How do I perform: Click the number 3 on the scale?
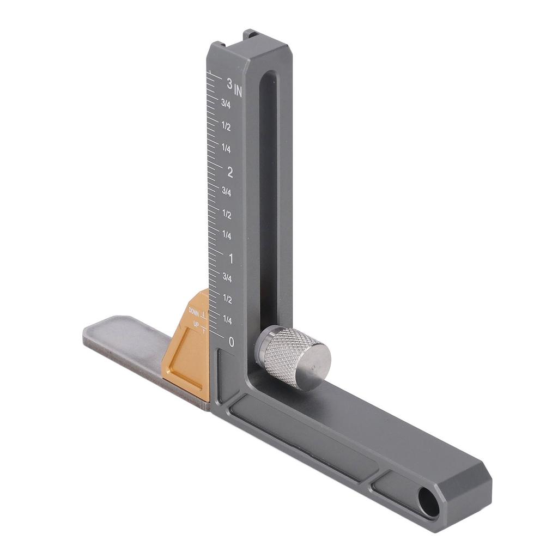229,84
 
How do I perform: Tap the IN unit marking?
238,92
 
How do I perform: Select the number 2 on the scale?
230,173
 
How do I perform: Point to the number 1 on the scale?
231,259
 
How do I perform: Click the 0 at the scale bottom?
232,342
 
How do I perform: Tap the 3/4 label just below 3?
226,104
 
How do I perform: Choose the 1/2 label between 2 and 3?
226,126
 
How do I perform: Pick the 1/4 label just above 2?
226,148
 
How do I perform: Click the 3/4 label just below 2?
227,192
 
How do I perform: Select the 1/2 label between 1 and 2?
227,214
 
